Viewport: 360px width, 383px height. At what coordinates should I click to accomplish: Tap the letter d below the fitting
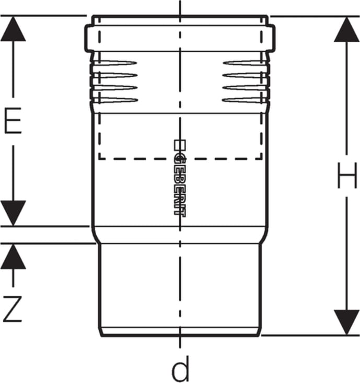tap(180, 370)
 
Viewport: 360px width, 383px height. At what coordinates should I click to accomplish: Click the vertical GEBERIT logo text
tap(179, 178)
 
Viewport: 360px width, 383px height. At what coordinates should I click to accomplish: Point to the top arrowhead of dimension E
tap(13, 29)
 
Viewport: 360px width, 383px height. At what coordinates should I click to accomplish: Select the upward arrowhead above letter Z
tap(13, 256)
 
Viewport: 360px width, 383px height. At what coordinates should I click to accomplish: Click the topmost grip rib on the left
tap(115, 63)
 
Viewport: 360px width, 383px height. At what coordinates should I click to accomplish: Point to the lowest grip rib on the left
tap(115, 100)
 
